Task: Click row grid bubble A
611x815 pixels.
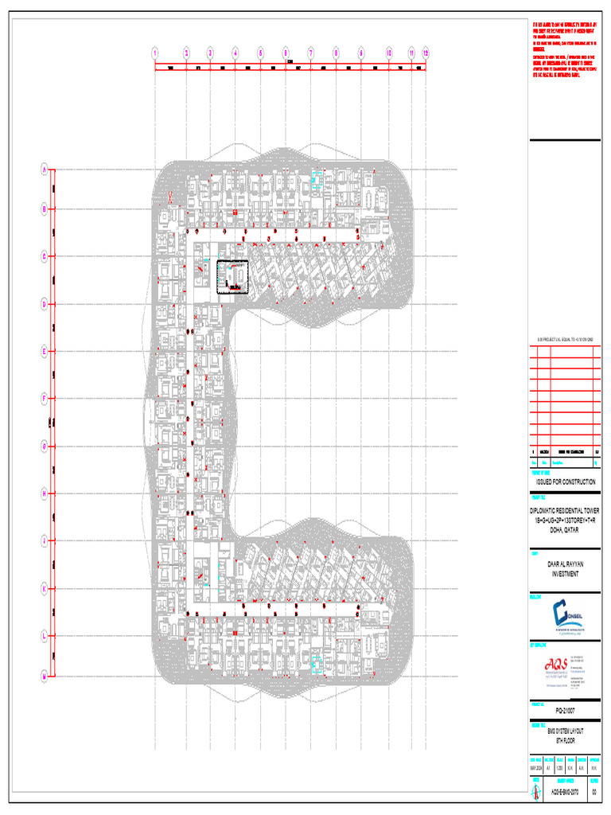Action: click(45, 169)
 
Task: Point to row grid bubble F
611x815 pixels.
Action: click(45, 397)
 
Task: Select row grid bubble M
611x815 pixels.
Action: click(45, 676)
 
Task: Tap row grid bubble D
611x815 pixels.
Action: click(45, 303)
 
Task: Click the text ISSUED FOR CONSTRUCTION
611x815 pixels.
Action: click(564, 482)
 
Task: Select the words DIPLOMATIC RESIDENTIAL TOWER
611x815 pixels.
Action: click(564, 510)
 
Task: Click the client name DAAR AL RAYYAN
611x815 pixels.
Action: click(564, 563)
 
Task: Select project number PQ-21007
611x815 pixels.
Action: click(564, 708)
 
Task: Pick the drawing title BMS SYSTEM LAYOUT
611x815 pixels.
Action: click(564, 731)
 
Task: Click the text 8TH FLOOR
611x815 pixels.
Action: click(564, 739)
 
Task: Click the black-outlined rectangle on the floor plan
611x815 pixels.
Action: click(233, 277)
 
